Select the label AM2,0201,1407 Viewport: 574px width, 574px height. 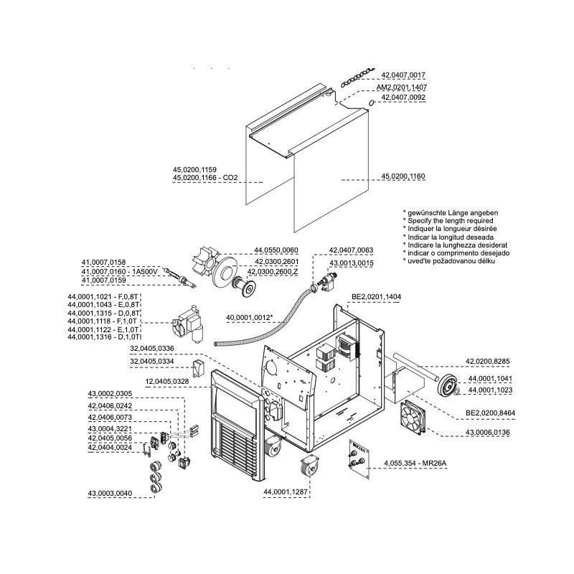tap(401, 87)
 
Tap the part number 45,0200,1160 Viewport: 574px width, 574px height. tap(403, 176)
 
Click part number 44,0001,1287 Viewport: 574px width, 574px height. tap(286, 491)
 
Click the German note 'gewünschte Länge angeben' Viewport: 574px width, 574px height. tap(451, 214)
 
